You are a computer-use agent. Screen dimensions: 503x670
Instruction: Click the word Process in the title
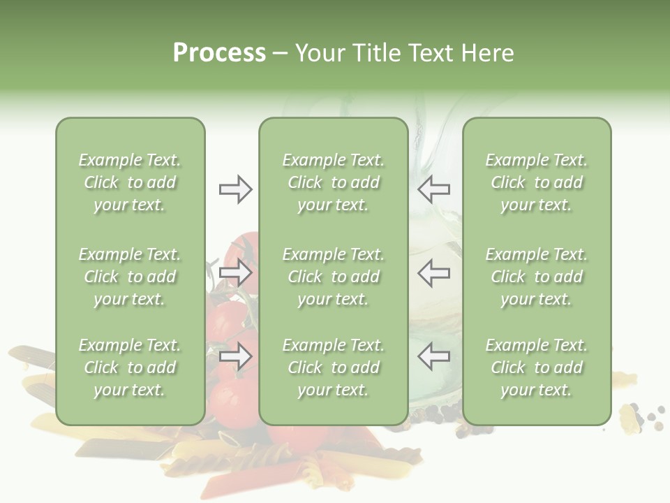[x=219, y=53]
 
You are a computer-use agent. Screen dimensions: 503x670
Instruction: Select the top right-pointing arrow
[x=235, y=189]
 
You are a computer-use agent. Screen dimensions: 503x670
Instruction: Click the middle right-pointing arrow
[x=235, y=272]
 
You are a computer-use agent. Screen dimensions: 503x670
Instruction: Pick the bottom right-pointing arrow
[x=235, y=356]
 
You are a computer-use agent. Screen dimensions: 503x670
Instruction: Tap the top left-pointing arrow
[x=433, y=189]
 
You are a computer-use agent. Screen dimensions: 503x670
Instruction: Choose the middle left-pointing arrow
[x=433, y=272]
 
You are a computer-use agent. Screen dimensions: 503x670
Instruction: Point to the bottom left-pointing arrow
[x=433, y=356]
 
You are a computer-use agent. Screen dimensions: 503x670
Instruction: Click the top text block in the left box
[x=130, y=182]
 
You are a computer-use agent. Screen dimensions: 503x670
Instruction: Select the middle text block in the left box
[x=130, y=277]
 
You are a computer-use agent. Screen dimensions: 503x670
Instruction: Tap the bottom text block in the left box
[x=130, y=367]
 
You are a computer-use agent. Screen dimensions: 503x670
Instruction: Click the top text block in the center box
[x=334, y=182]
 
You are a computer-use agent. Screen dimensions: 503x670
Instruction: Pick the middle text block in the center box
[x=334, y=277]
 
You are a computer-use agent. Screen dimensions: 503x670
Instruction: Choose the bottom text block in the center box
[x=334, y=367]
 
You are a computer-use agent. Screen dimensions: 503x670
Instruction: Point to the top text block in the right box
[x=537, y=182]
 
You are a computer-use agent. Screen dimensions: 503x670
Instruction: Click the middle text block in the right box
[x=537, y=277]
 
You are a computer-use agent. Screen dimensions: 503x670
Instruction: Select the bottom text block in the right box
[x=537, y=367]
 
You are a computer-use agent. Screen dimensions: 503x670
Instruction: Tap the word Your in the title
[x=318, y=53]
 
